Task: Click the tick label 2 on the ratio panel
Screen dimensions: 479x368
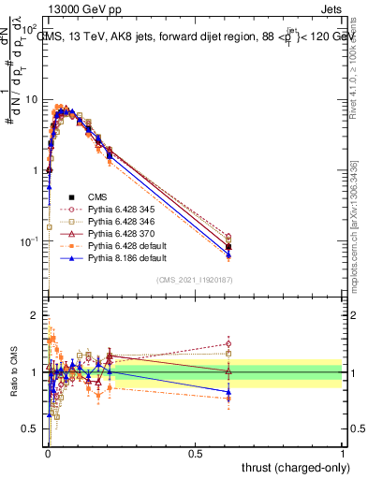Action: coord(34,316)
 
